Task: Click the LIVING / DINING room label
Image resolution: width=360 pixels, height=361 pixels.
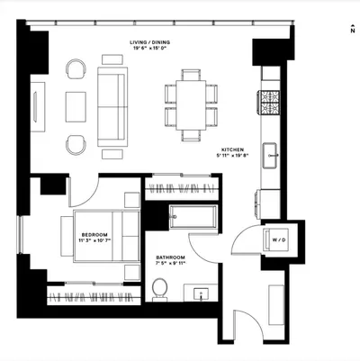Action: pos(149,42)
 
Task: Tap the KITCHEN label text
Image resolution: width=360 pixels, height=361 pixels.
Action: pos(232,149)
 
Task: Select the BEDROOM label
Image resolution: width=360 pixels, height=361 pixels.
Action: pos(94,235)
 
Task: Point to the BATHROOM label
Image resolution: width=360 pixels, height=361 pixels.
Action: pos(170,257)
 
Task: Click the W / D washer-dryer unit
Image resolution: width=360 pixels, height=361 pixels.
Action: pos(276,239)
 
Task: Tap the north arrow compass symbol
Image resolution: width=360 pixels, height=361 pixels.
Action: pos(353,29)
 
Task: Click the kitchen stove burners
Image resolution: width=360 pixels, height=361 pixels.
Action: pos(269,103)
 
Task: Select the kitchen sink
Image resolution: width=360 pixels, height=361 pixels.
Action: pos(271,156)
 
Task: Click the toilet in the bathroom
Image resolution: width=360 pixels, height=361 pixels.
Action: pos(159,289)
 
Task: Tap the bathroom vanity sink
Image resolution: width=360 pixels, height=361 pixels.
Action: pos(201,293)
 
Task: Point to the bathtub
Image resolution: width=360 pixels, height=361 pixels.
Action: pos(193,217)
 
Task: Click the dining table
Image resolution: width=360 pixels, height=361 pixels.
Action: pos(191,105)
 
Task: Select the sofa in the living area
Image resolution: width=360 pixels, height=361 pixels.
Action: pos(112,106)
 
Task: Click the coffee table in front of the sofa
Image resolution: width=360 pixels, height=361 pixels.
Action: pos(76,107)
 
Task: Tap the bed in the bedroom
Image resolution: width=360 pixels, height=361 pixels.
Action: pos(106,236)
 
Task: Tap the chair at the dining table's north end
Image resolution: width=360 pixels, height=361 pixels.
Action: pos(191,75)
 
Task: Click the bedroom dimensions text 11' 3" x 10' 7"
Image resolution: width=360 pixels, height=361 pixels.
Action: pos(94,240)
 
